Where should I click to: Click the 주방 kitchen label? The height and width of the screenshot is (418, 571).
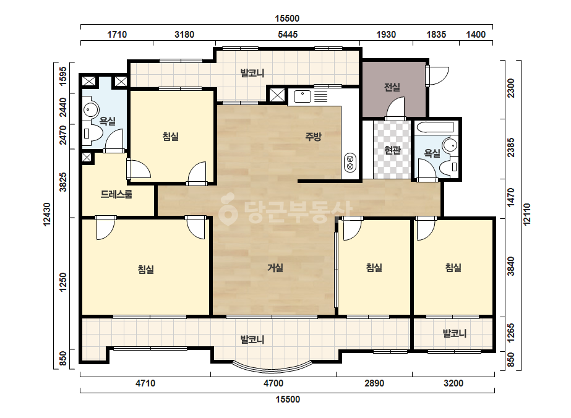(x=313, y=137)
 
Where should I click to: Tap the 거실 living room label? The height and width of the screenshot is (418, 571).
(x=275, y=268)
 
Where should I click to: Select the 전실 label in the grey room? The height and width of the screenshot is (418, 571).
(x=392, y=87)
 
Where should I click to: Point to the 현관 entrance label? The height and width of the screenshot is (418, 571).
(x=393, y=150)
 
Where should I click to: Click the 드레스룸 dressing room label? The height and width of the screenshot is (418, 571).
(x=116, y=194)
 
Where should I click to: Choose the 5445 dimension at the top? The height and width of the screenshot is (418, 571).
(x=288, y=35)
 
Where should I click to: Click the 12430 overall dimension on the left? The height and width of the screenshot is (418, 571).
(x=48, y=215)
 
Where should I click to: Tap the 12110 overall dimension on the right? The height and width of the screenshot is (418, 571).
(x=526, y=215)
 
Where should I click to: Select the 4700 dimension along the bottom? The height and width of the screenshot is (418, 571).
(x=273, y=383)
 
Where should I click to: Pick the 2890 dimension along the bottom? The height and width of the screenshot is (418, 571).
(x=374, y=383)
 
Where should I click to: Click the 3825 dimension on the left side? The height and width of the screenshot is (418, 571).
(x=63, y=182)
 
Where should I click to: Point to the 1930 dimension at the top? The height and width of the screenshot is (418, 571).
(x=386, y=35)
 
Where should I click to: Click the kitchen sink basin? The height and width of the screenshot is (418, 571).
(x=303, y=96)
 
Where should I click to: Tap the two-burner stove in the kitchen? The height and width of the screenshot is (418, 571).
(x=350, y=163)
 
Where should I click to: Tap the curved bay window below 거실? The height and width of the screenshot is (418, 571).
(x=272, y=367)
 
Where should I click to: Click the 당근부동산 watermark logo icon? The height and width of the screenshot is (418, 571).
(x=228, y=209)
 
